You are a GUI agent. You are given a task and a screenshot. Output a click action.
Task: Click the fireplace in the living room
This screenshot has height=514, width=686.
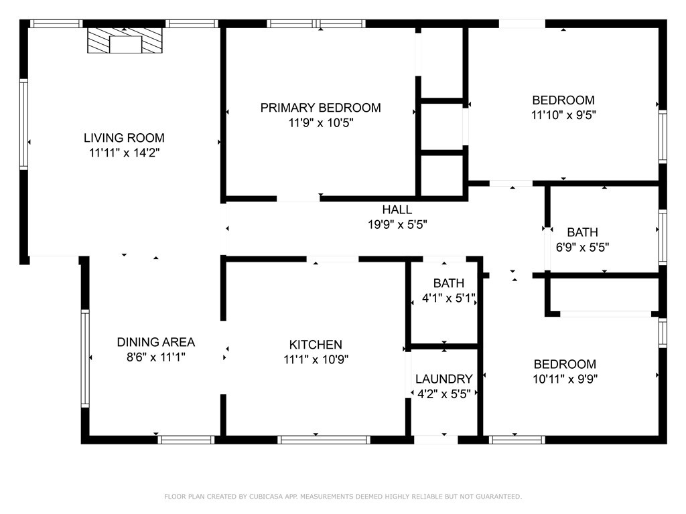(125, 41)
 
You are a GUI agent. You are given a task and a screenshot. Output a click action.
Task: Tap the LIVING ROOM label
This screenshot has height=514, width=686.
(124, 138)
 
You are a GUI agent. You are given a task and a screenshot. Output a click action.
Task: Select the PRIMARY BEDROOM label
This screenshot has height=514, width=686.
(321, 108)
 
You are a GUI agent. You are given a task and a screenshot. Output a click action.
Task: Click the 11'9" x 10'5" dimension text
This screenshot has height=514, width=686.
(321, 123)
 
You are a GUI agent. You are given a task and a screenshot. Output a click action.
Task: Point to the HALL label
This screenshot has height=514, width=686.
(397, 209)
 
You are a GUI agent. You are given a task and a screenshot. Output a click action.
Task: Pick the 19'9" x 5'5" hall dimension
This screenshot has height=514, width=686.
(397, 225)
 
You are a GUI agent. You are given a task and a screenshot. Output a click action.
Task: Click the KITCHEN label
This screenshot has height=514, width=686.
(316, 345)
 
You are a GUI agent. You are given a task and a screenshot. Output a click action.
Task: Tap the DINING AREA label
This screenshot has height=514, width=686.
(155, 342)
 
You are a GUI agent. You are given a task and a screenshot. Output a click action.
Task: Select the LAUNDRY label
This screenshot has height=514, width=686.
(444, 379)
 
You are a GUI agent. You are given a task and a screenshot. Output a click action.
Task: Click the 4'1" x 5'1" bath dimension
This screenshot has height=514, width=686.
(448, 298)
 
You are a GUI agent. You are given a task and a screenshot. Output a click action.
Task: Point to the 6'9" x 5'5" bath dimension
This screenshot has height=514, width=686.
(582, 248)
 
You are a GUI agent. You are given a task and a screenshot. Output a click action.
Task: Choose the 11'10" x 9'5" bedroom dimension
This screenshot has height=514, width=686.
(564, 115)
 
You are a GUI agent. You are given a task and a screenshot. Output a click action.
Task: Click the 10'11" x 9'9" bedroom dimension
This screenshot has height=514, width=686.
(565, 379)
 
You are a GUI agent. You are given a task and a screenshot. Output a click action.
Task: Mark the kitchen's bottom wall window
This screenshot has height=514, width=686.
(324, 440)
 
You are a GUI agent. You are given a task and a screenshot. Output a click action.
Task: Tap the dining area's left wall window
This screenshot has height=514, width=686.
(85, 359)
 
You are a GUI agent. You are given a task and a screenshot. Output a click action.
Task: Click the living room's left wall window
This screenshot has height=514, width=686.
(23, 124)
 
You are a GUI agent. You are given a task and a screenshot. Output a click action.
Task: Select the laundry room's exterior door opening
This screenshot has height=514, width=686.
(435, 440)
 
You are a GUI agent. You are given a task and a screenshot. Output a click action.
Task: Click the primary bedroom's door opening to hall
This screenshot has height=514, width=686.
(298, 199)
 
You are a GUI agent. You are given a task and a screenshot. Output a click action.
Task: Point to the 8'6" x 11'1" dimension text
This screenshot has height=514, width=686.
(155, 357)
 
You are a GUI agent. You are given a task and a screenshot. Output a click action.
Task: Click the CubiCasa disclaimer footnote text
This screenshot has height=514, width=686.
(343, 497)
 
